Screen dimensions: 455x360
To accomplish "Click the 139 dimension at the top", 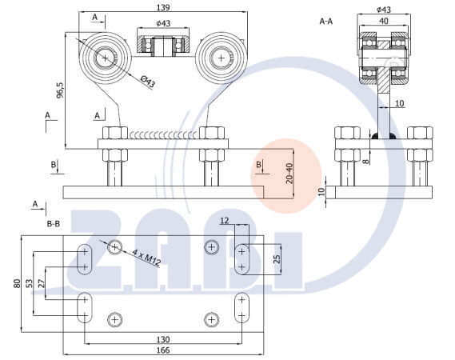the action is tap(163, 7).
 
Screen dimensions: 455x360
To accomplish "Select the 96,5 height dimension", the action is tap(60, 90).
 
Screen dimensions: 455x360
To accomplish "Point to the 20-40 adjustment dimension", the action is tap(289, 173).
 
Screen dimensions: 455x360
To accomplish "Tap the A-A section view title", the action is tap(326, 21).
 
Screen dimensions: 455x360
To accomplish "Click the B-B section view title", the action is tap(53, 224).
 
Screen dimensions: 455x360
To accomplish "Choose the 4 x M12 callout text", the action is tap(146, 258).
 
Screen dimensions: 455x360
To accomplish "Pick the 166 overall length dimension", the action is tap(163, 350).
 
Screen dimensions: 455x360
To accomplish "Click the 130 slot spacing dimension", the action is tap(163, 339).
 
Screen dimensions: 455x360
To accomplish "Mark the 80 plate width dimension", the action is tap(17, 283).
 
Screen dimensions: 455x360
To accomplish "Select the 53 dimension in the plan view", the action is tap(29, 283).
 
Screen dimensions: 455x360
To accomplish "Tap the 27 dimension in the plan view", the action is tap(42, 283).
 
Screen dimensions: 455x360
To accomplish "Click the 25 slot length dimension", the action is tap(277, 259).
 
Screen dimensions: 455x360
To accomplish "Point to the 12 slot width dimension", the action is tap(225, 221).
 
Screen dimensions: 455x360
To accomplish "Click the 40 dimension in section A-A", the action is tap(384, 21).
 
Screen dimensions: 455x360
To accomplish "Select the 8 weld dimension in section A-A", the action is tap(366, 161).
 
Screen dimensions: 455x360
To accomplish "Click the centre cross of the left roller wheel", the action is tap(105, 58).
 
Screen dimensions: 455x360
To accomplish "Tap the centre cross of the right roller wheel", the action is tap(222, 58).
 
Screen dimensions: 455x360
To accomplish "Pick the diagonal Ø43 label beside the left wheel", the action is tap(147, 82).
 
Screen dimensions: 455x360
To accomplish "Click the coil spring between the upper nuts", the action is tap(163, 134).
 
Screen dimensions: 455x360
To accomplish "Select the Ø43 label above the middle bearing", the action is tap(163, 23).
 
